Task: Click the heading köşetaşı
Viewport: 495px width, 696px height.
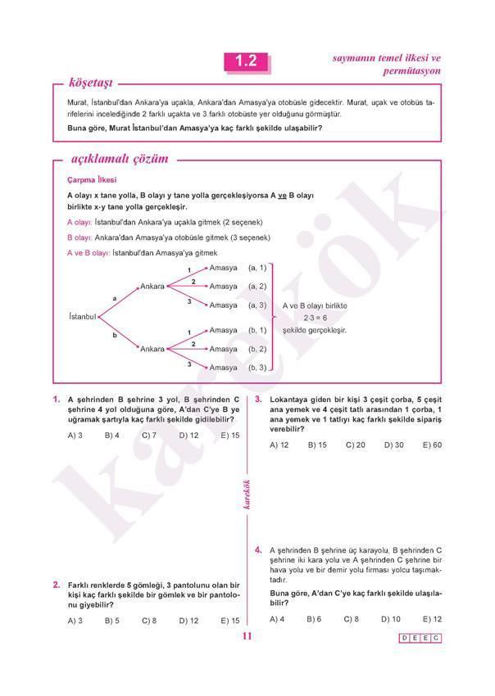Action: click(x=90, y=83)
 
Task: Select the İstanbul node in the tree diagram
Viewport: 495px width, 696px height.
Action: click(x=82, y=316)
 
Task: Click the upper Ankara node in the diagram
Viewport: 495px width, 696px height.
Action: click(x=152, y=287)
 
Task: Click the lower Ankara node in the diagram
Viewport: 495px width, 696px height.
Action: click(x=152, y=349)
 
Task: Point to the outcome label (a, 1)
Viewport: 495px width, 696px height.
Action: click(x=257, y=268)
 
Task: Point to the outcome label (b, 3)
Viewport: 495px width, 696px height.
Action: click(x=257, y=368)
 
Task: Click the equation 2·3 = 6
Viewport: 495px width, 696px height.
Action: click(x=315, y=318)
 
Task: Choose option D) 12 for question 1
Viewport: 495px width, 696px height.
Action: click(x=188, y=436)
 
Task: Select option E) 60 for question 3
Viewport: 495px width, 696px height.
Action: click(x=432, y=445)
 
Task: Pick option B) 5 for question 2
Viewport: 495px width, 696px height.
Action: click(x=112, y=621)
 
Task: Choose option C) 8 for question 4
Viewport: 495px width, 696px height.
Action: click(x=352, y=619)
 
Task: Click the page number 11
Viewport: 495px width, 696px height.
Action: click(x=247, y=638)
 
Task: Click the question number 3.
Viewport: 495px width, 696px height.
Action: click(x=258, y=400)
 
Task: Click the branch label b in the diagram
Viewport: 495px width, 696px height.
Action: click(x=114, y=336)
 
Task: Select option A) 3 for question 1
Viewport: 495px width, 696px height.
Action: click(x=75, y=436)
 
